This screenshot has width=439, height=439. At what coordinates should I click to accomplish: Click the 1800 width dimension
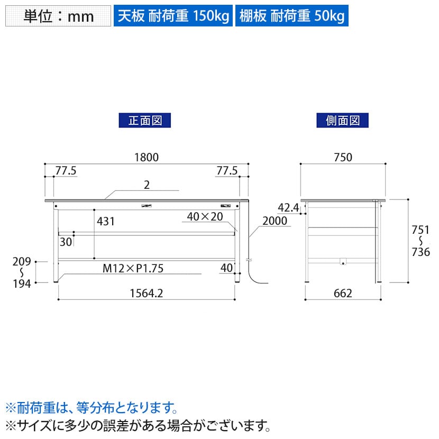[147, 157]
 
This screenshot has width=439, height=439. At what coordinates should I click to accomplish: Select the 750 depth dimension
[343, 157]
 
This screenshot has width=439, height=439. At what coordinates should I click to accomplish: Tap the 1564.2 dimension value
[147, 294]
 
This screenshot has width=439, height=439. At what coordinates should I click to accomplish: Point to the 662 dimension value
[343, 294]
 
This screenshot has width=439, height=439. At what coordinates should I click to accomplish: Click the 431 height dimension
[106, 222]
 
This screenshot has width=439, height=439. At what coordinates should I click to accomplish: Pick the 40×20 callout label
[205, 216]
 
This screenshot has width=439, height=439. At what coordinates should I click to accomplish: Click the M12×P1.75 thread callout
[133, 268]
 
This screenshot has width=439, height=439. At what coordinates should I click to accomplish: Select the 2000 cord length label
[275, 221]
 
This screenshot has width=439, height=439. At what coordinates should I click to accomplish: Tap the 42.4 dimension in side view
[288, 208]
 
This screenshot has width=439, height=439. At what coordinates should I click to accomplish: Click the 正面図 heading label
[145, 121]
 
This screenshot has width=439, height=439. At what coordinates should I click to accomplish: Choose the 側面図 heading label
[342, 121]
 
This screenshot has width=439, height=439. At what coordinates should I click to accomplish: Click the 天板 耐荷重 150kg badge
[173, 16]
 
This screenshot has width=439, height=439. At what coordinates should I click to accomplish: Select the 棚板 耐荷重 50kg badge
[292, 16]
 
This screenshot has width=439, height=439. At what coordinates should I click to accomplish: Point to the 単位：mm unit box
[58, 16]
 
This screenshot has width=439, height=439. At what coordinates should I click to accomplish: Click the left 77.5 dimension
[66, 170]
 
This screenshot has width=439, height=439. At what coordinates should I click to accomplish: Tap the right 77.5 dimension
[227, 170]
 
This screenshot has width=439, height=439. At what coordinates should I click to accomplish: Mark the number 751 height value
[420, 230]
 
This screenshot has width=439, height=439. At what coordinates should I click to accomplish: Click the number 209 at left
[22, 261]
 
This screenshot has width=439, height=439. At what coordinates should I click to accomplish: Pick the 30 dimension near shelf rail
[66, 242]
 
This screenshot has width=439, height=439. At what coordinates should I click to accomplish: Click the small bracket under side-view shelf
[343, 261]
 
